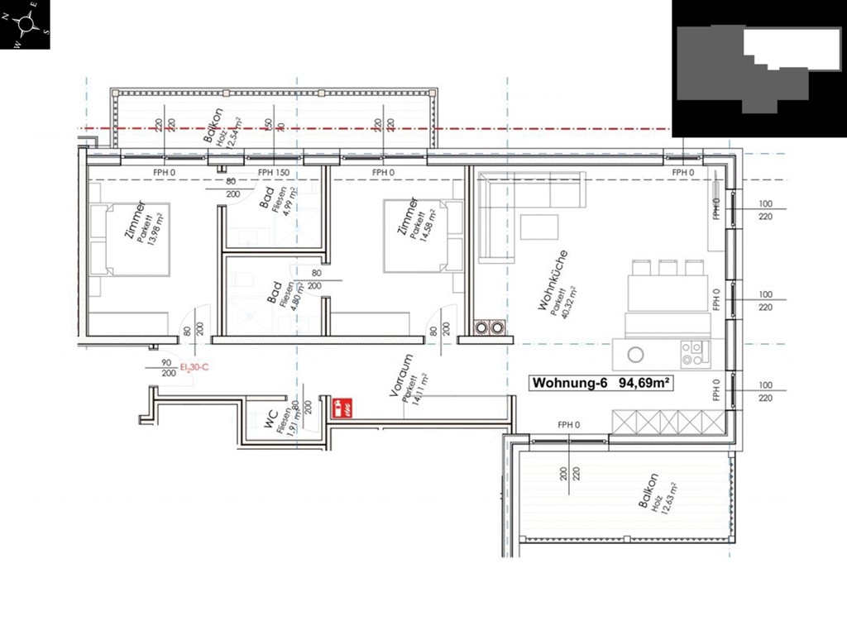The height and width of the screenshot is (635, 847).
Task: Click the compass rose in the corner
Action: pyautogui.click(x=25, y=25)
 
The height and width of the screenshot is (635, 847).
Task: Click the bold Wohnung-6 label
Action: pyautogui.click(x=570, y=383)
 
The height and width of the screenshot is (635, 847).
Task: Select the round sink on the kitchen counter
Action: pyautogui.click(x=635, y=355)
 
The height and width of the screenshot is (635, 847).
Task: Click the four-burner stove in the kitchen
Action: pyautogui.click(x=695, y=354)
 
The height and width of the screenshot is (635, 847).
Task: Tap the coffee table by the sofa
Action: pyautogui.click(x=539, y=227)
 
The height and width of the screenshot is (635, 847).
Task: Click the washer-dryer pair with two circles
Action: pyautogui.click(x=489, y=327)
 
